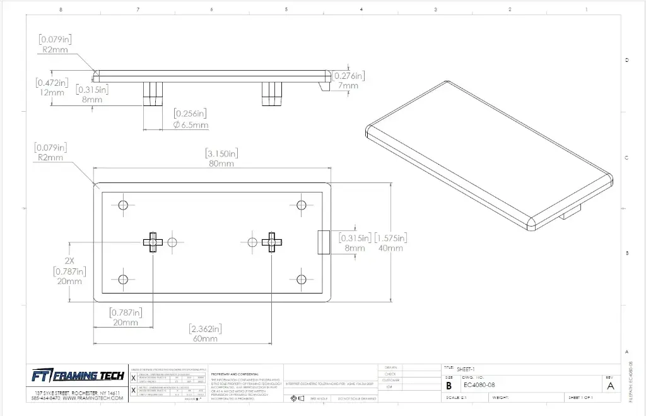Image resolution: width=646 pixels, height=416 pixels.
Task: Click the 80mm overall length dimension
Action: tap(221, 163)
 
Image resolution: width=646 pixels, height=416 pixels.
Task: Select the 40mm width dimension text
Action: tap(391, 248)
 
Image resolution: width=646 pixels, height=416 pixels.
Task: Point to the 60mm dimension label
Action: tap(205, 339)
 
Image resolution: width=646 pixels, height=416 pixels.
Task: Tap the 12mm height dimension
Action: tap(51, 92)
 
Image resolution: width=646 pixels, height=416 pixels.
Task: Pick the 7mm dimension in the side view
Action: tap(348, 86)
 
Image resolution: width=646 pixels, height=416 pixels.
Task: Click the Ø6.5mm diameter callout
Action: tap(191, 125)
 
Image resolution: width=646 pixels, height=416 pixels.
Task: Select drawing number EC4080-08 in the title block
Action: tap(479, 385)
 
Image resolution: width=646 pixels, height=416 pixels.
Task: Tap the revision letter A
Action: tap(610, 386)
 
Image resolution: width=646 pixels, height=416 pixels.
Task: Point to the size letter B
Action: tap(449, 386)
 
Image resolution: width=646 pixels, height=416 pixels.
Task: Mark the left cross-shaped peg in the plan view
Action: tap(152, 242)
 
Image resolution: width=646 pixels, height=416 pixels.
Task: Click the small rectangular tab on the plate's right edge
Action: tap(322, 242)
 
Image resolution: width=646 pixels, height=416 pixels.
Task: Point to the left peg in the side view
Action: tap(153, 94)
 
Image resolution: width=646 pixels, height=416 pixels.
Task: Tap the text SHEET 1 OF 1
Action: tap(580, 398)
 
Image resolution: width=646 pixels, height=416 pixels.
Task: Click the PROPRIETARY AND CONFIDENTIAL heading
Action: tap(235, 373)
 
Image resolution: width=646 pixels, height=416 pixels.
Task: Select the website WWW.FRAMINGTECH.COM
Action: tap(91, 398)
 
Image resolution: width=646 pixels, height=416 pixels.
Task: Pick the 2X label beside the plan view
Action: tap(69, 259)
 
